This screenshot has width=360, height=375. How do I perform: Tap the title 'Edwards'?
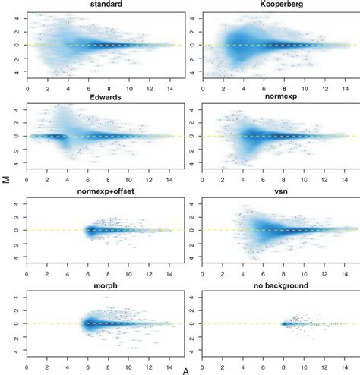(x=96, y=97)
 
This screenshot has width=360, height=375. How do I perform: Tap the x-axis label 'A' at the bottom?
(x=186, y=370)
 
